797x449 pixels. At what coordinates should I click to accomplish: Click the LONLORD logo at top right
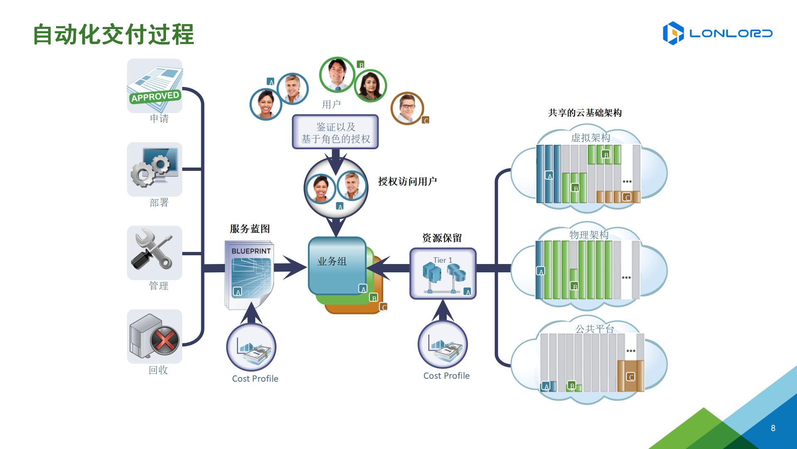pyautogui.click(x=717, y=33)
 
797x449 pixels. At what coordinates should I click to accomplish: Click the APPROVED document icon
pyautogui.click(x=155, y=86)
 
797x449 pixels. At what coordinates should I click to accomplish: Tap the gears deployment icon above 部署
pyautogui.click(x=155, y=169)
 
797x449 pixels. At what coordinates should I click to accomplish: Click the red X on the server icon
pyautogui.click(x=164, y=340)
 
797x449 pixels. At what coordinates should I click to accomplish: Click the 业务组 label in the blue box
pyautogui.click(x=332, y=262)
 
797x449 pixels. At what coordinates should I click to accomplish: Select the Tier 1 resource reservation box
pyautogui.click(x=443, y=274)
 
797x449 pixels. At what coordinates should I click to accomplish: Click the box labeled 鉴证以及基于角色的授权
pyautogui.click(x=335, y=132)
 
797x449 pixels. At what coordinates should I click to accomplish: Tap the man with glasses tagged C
pyautogui.click(x=407, y=108)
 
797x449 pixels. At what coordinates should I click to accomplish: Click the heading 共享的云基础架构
pyautogui.click(x=585, y=113)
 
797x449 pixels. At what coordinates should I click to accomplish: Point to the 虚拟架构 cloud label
pyautogui.click(x=590, y=138)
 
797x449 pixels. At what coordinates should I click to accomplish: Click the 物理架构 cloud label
pyautogui.click(x=589, y=235)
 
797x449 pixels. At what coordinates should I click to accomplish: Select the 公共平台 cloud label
pyautogui.click(x=594, y=329)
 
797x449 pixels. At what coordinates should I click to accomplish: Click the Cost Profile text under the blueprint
pyautogui.click(x=255, y=379)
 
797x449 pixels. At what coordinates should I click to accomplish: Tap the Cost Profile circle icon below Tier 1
pyautogui.click(x=443, y=345)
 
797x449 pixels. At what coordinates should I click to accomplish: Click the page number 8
pyautogui.click(x=773, y=428)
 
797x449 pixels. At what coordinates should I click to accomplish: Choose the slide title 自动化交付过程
pyautogui.click(x=113, y=34)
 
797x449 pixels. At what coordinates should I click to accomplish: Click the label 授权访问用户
pyautogui.click(x=407, y=181)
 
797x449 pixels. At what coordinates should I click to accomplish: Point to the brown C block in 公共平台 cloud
pyautogui.click(x=631, y=376)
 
